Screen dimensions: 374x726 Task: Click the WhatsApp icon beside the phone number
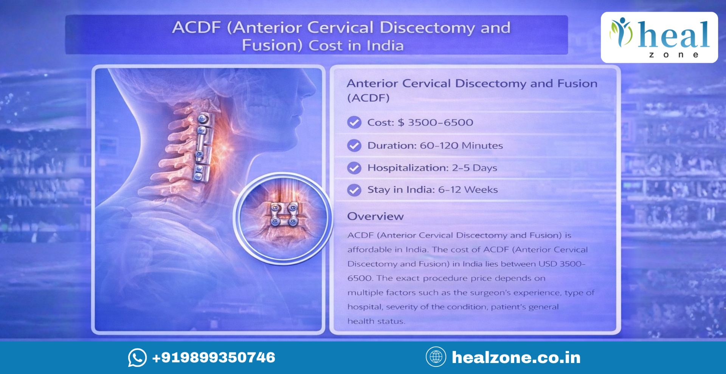[137, 357]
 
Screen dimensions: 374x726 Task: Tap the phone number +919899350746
[214, 357]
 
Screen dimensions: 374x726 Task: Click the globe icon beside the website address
[436, 357]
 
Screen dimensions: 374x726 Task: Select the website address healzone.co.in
[516, 357]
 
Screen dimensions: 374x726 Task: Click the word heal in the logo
[673, 35]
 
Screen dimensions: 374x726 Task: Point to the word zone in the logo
[673, 55]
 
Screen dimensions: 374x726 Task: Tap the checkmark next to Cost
[354, 122]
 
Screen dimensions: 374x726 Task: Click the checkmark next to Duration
[354, 145]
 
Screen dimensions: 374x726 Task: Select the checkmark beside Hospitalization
[354, 168]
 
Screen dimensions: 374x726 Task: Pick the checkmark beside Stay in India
[354, 190]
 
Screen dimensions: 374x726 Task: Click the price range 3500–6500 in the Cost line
[440, 122]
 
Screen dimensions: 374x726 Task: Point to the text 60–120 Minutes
[461, 145]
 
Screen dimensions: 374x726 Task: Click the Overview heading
[375, 216]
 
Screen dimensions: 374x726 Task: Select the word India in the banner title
[385, 46]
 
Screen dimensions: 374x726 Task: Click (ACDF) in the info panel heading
[368, 98]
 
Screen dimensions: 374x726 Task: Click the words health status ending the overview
[376, 321]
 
